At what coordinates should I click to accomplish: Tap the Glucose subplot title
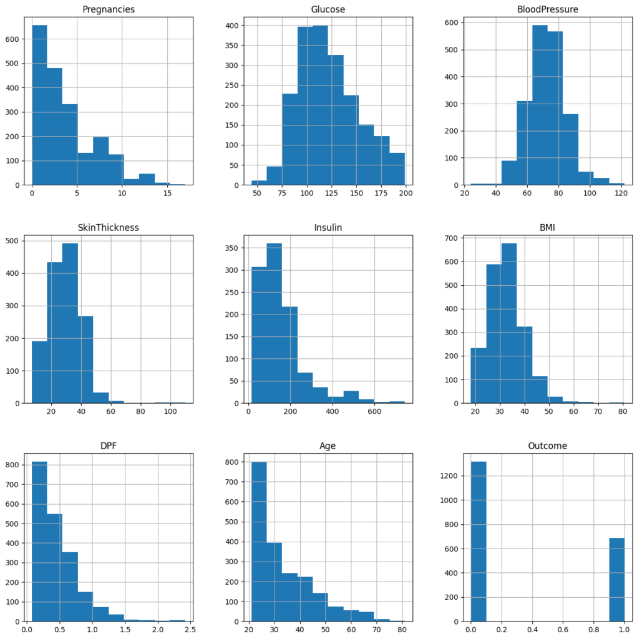click(328, 10)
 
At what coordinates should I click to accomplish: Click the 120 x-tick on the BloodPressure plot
click(620, 195)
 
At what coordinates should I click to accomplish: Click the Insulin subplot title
click(328, 228)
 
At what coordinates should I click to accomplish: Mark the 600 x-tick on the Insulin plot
click(374, 413)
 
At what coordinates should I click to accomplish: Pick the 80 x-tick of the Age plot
click(402, 631)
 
